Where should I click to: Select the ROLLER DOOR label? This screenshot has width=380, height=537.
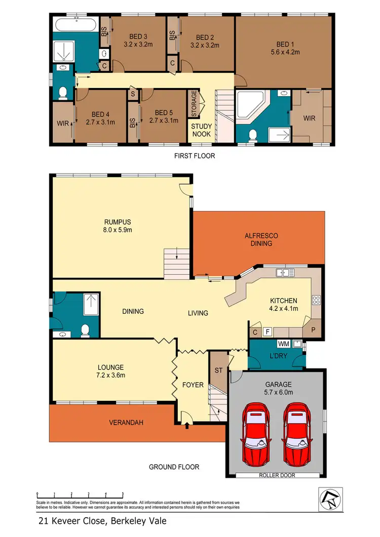point(277,475)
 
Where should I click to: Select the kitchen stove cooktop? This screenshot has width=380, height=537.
point(316,300)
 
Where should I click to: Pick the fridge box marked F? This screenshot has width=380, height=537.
point(267,332)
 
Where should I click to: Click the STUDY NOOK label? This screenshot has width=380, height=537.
point(201,131)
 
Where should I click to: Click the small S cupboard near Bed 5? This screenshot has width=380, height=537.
point(133,93)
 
